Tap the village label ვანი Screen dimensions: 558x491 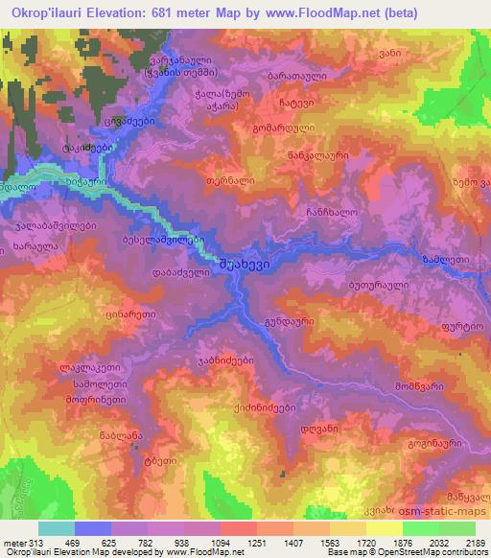[442, 55]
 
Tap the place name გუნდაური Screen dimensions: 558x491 [290, 326]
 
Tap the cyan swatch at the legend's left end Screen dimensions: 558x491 [57, 528]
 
